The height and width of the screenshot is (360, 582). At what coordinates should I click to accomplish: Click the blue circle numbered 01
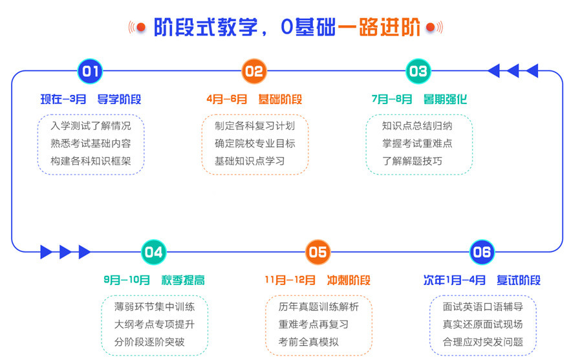tap(91, 71)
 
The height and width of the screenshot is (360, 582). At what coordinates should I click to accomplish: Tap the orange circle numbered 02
tap(254, 71)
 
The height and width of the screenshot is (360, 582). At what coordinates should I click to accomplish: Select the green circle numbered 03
tap(418, 71)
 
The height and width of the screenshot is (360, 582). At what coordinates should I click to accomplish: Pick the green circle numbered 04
tap(154, 251)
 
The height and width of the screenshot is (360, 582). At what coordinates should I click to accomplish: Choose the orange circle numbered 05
tap(318, 251)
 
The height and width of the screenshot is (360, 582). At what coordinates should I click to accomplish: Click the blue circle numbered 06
tap(482, 251)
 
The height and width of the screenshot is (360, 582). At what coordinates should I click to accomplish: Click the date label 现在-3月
tap(63, 100)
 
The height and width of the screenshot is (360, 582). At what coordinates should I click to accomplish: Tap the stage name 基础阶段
tap(280, 100)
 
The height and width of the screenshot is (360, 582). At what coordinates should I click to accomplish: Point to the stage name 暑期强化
tap(445, 100)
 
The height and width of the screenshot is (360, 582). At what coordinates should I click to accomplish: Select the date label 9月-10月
tap(127, 281)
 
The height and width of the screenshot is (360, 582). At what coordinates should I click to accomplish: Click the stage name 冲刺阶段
tap(349, 281)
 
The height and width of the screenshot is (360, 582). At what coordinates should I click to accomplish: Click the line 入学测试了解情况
tap(91, 125)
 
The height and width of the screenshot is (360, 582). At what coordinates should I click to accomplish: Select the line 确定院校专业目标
tap(255, 143)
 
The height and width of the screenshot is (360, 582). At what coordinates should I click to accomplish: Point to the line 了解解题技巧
tap(412, 161)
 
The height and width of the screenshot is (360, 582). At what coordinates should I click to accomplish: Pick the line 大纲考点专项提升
tap(154, 324)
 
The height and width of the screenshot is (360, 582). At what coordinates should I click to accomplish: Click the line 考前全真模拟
tap(308, 342)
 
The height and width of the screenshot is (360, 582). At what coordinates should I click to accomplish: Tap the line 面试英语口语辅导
tap(482, 306)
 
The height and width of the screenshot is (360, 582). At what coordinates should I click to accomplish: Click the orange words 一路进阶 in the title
tap(380, 28)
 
